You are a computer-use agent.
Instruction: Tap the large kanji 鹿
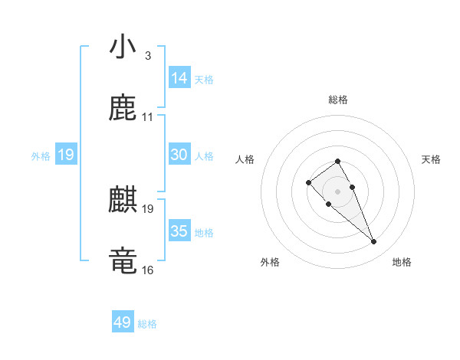click(123, 109)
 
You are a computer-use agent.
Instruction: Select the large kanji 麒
click(123, 201)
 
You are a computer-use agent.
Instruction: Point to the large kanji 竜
click(123, 260)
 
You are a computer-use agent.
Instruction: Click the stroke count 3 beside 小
click(147, 56)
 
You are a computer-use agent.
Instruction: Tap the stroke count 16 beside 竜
click(147, 270)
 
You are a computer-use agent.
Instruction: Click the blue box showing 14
click(179, 78)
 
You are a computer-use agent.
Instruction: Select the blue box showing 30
click(179, 155)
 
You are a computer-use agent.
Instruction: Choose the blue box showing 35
click(179, 231)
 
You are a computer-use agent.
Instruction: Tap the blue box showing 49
click(122, 322)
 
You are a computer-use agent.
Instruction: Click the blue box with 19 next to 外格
click(66, 155)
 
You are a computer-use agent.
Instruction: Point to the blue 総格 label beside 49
click(147, 324)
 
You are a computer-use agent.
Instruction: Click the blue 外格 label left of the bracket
click(41, 156)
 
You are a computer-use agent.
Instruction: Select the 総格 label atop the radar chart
click(338, 100)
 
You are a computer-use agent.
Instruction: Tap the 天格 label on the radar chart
click(432, 159)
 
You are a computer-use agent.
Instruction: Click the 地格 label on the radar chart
click(402, 262)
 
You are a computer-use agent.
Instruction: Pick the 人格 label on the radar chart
click(245, 159)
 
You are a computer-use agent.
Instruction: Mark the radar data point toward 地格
click(373, 242)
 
